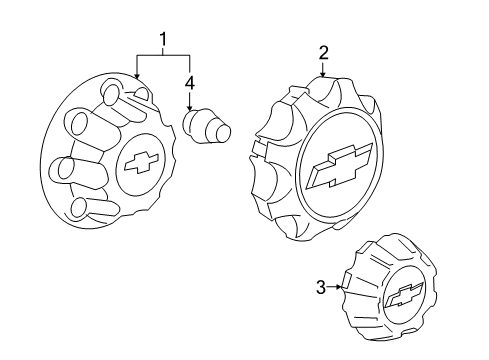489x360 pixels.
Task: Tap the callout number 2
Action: (323, 53)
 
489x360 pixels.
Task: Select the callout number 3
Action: (320, 288)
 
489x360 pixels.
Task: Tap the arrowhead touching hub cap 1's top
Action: (135, 76)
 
